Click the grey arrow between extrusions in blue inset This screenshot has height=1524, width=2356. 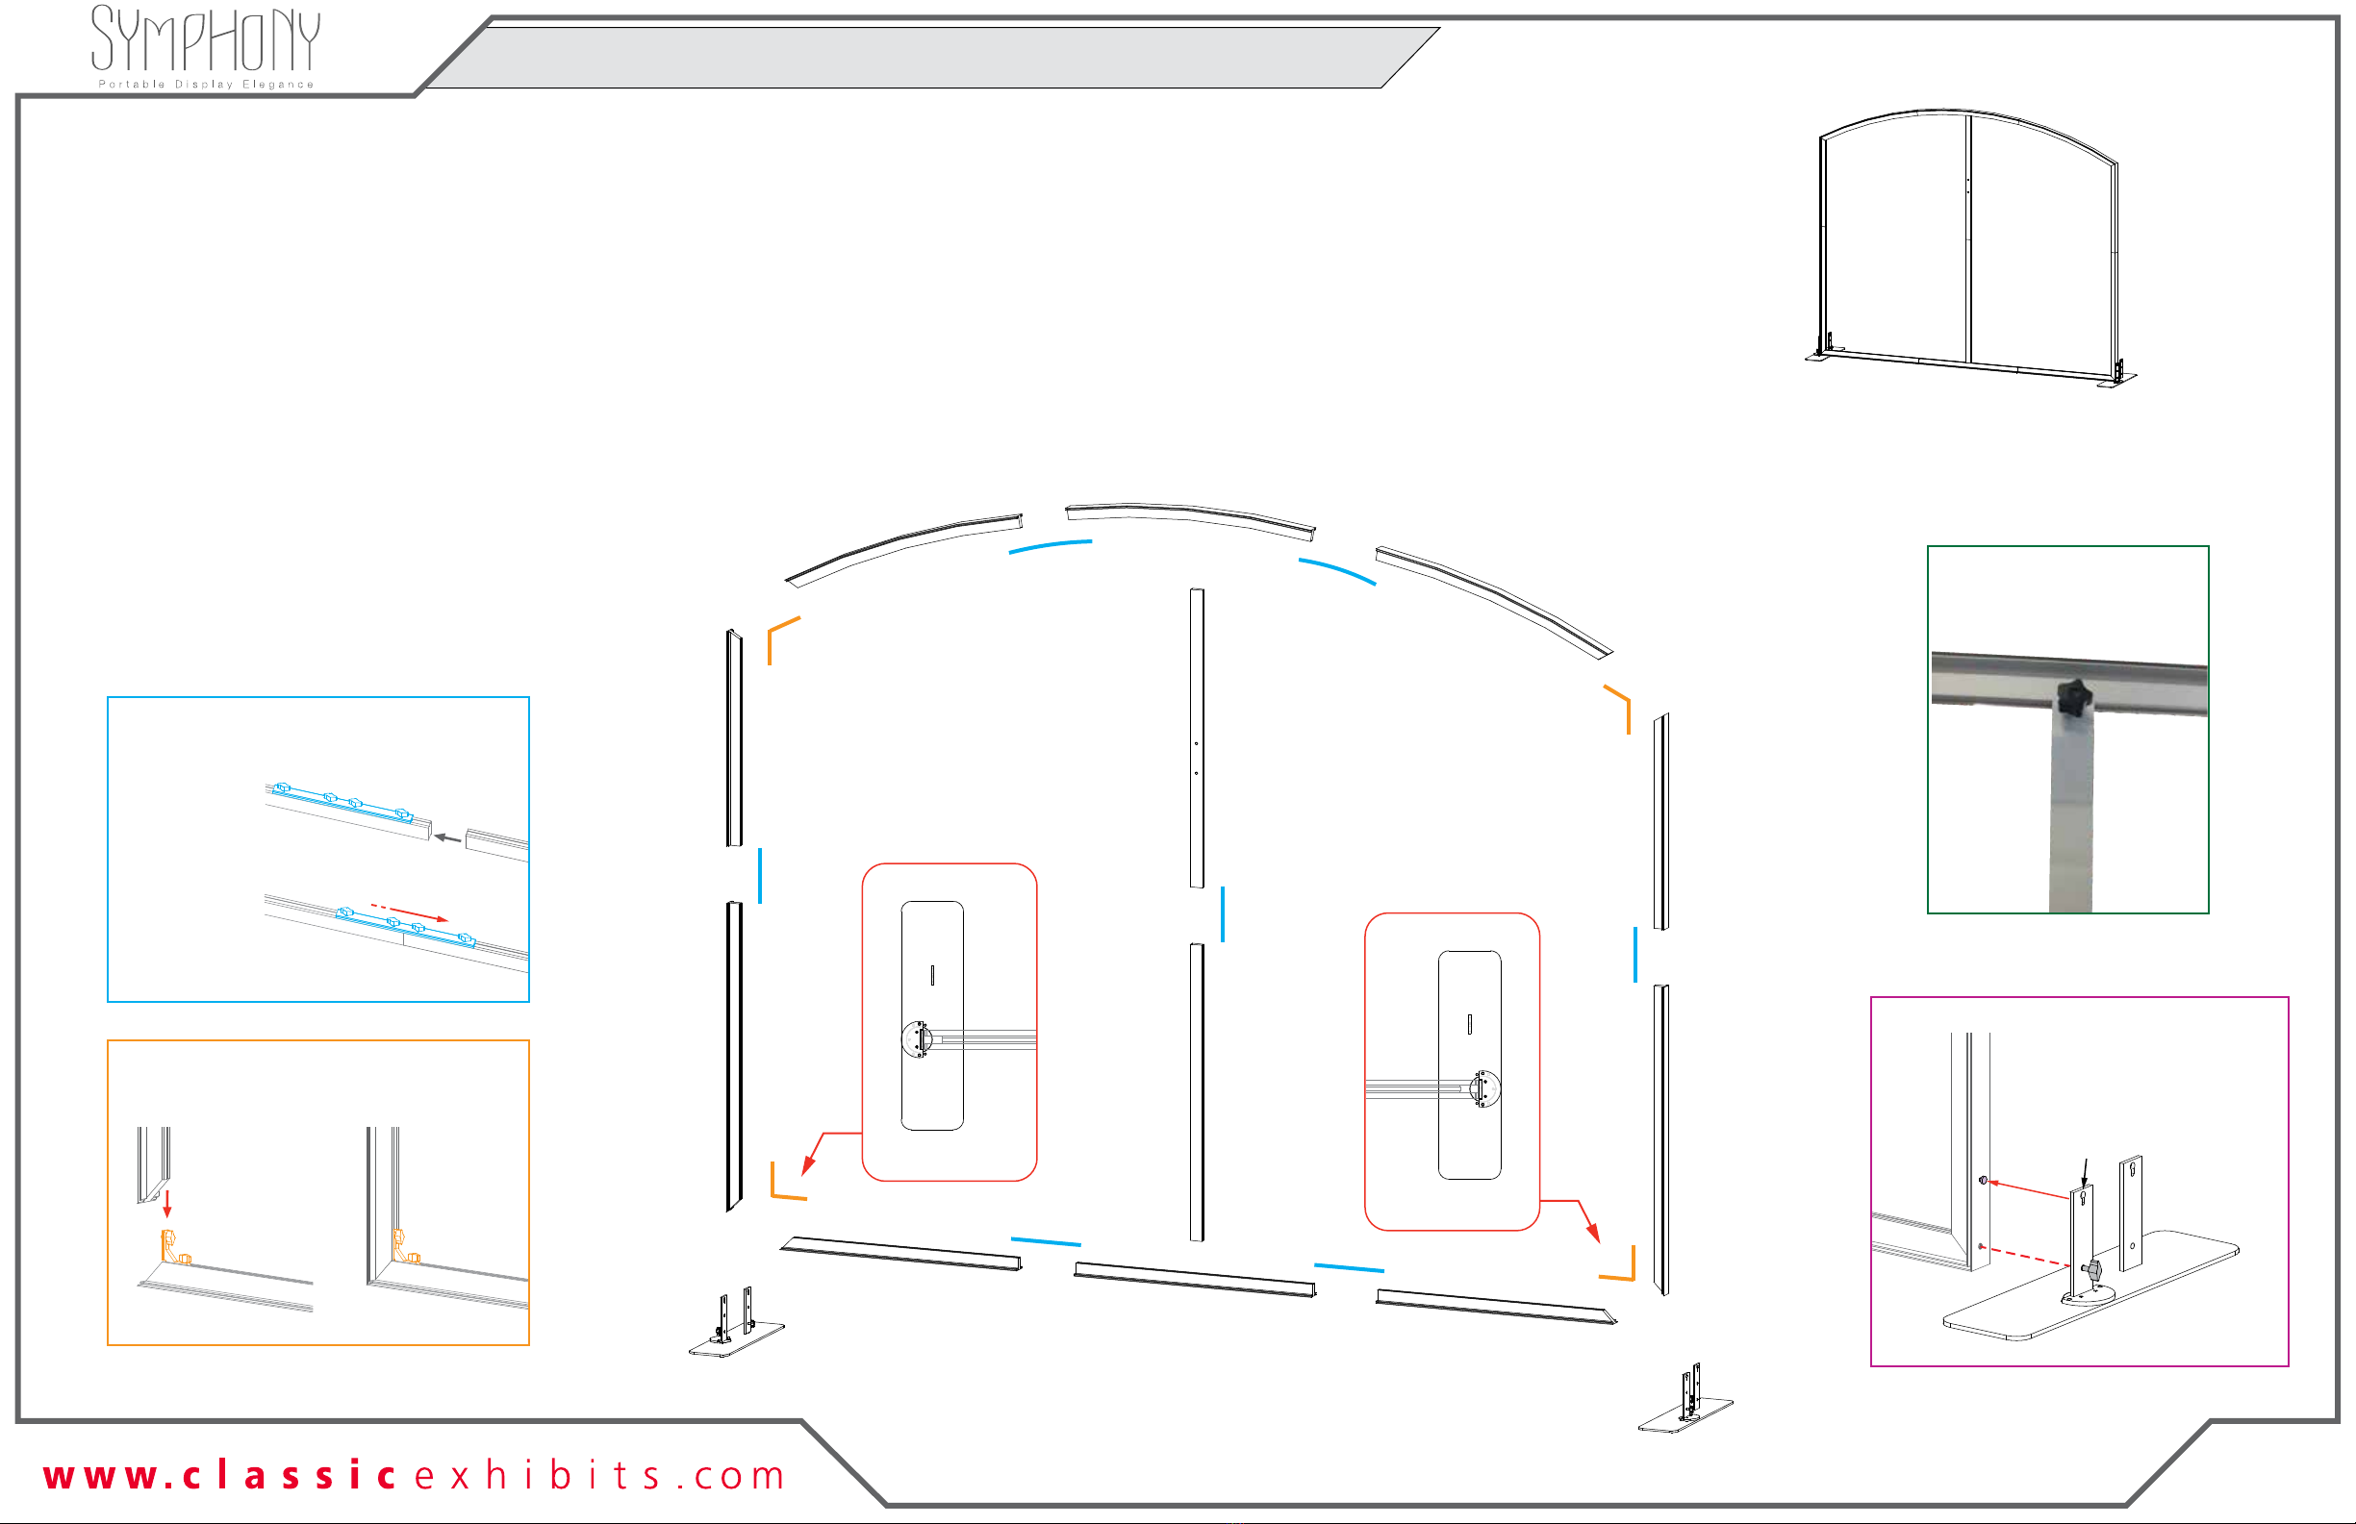447,838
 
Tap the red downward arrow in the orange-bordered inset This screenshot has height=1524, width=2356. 167,1204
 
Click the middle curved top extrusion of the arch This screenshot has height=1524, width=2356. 1190,519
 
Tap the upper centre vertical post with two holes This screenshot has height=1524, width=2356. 1197,737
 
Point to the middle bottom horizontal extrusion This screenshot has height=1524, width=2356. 1195,1280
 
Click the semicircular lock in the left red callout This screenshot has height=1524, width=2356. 918,1040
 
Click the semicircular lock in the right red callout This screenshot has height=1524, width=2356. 1483,1089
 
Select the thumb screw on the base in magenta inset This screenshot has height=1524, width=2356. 2090,1269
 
